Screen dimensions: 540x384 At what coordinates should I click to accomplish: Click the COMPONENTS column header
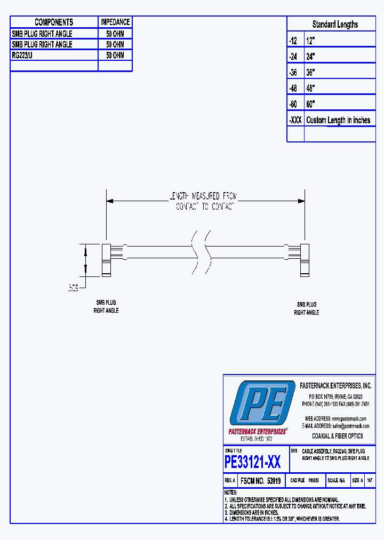[54, 22]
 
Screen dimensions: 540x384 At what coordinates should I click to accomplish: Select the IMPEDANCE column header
[115, 22]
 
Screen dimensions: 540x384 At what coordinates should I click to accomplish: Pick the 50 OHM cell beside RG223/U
[115, 55]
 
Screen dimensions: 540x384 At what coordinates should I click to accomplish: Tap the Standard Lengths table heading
[335, 24]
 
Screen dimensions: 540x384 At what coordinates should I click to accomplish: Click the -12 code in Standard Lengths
[293, 40]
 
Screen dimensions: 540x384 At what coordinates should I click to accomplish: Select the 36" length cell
[311, 72]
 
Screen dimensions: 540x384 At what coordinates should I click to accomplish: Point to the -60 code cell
[293, 104]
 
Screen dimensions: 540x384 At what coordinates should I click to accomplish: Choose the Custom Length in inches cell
[338, 120]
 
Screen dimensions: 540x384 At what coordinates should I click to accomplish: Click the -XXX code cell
[295, 120]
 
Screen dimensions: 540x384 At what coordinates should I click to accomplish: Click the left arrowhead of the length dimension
[110, 201]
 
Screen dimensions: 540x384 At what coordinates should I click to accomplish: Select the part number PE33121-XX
[253, 462]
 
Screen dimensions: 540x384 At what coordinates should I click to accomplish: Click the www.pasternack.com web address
[349, 418]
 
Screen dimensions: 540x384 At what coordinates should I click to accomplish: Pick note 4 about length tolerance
[283, 519]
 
